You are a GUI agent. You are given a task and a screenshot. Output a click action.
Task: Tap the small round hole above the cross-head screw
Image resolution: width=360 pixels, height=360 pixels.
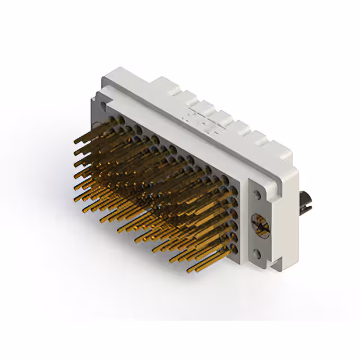tap(257, 195)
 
